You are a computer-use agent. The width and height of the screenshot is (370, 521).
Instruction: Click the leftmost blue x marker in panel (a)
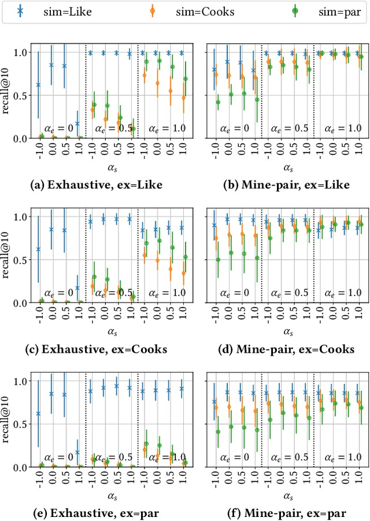38,85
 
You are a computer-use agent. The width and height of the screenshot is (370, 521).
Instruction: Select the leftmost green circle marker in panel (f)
218,432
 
